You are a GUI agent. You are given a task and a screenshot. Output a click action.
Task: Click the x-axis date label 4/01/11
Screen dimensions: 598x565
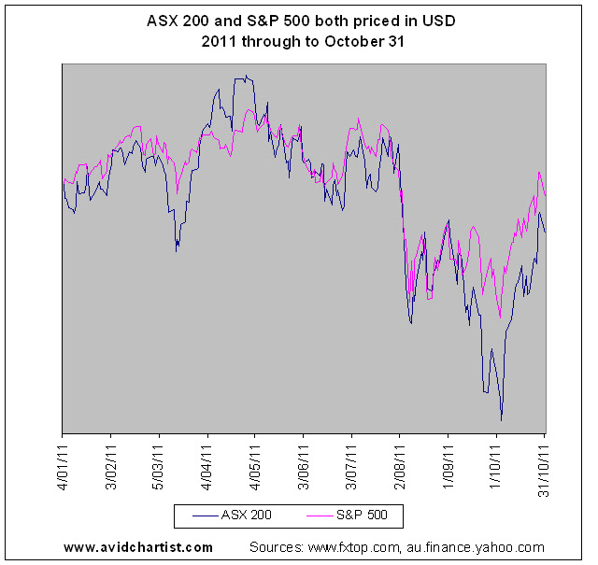tap(64, 467)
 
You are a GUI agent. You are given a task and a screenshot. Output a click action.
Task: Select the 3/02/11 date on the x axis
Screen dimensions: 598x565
tap(111, 467)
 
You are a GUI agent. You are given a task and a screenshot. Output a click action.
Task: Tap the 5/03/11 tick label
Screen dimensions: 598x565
tap(159, 467)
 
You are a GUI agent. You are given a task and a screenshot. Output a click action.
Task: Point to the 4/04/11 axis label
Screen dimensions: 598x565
tap(207, 467)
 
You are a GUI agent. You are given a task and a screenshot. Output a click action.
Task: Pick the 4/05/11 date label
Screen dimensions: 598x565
tap(255, 467)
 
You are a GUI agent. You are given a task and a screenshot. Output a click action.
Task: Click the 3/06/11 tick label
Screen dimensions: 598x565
tap(304, 467)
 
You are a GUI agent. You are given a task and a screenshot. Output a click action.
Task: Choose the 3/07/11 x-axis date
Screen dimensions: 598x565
tap(351, 467)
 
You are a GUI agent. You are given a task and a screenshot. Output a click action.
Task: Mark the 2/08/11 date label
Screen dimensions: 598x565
tap(400, 467)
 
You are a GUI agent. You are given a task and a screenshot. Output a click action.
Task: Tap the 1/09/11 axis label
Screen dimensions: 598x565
tap(448, 467)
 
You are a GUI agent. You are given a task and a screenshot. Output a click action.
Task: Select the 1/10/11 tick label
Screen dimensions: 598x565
tap(496, 467)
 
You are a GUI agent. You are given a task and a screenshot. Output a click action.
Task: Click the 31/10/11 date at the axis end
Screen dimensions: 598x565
tap(545, 471)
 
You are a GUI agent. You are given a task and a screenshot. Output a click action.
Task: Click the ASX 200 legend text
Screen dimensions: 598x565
tap(247, 516)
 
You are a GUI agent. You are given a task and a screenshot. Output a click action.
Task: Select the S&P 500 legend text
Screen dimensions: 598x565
tap(362, 516)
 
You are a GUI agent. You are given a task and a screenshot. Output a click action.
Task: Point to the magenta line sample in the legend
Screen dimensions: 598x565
tap(320, 516)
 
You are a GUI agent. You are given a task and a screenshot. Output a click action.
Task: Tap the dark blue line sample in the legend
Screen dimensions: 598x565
tap(206, 516)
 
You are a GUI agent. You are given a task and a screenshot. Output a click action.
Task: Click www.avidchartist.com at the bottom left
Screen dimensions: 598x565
tap(138, 547)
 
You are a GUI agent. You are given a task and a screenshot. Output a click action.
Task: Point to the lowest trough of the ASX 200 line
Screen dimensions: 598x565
tap(501, 421)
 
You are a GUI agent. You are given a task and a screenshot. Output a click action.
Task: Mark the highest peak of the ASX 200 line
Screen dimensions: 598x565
tap(247, 75)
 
